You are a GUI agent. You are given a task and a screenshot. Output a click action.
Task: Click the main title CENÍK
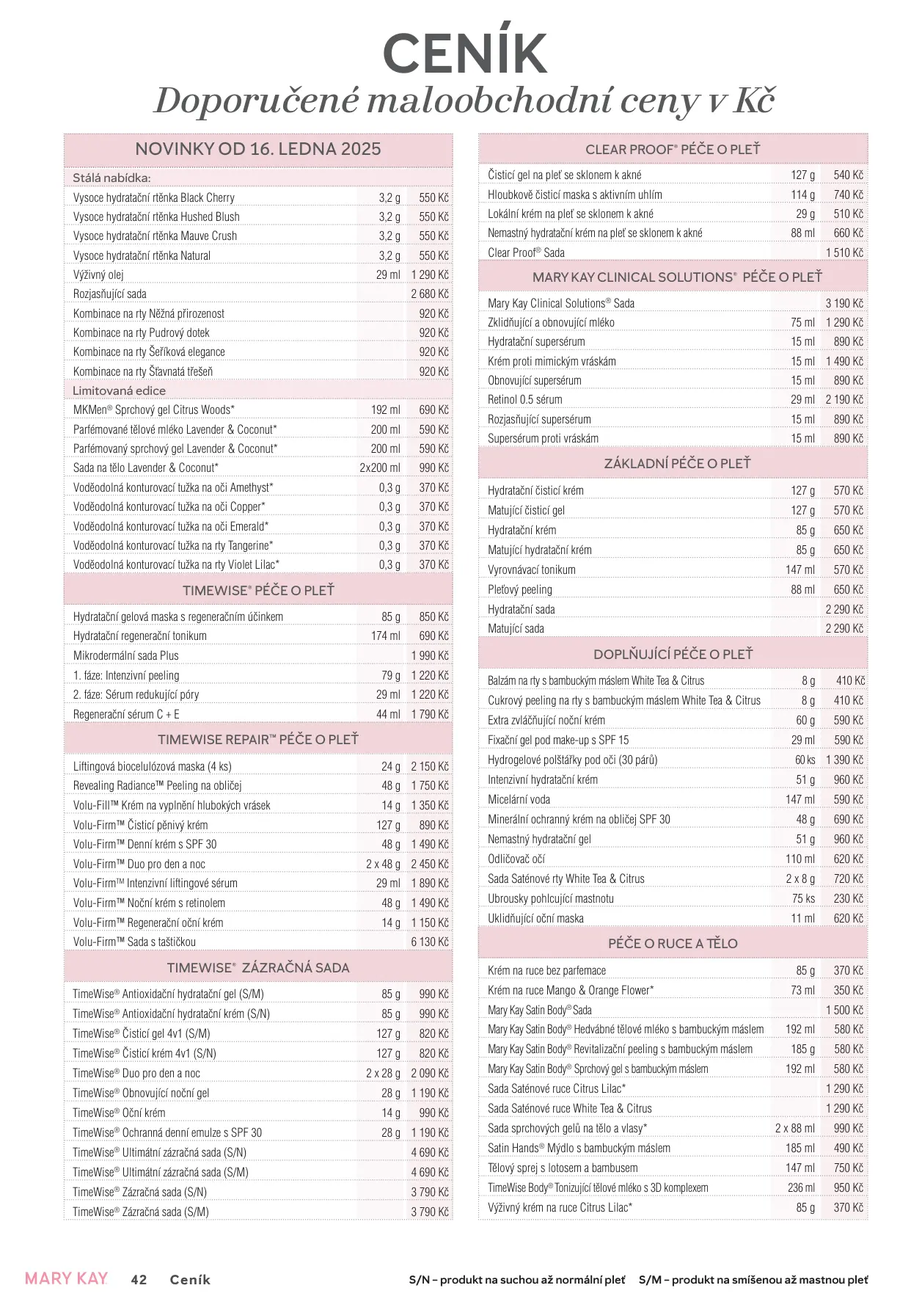pos(465,53)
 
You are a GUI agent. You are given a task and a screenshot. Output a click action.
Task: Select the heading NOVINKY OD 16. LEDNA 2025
pos(258,149)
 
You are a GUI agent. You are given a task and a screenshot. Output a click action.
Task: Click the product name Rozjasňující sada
pos(110,294)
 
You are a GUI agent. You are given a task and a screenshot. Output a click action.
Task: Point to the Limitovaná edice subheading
pos(119,390)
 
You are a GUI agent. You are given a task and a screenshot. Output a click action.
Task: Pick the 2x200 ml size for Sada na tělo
pos(380,467)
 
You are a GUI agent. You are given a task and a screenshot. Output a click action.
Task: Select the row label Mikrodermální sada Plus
pos(126,655)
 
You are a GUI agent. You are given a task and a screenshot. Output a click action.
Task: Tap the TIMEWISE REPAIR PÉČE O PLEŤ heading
pos(258,739)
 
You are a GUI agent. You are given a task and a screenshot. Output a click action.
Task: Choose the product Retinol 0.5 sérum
pos(525,399)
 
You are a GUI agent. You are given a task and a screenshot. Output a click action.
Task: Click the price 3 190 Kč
pos(844,303)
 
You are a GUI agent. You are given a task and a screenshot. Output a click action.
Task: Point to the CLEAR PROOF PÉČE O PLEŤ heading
pos(673,149)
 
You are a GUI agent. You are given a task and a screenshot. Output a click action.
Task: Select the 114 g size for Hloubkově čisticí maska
pos(802,194)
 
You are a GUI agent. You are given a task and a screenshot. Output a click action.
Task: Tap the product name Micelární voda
pos(519,799)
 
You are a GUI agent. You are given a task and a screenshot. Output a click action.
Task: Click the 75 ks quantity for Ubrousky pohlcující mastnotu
pos(803,898)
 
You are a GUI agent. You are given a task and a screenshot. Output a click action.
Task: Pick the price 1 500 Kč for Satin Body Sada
pos(844,1010)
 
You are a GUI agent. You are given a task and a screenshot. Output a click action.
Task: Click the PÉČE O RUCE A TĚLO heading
pos(673,943)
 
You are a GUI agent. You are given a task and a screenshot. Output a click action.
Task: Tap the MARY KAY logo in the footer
pos(66,1278)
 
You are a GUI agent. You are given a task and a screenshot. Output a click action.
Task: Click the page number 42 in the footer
pos(139,1279)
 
